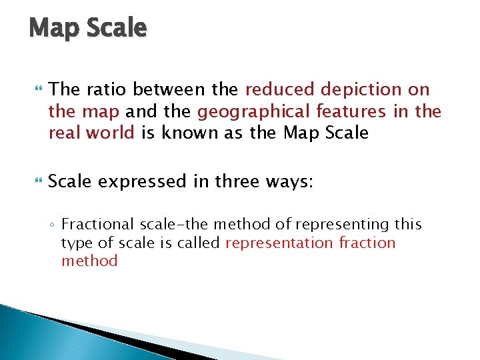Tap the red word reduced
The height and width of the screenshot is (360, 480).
pos(280,89)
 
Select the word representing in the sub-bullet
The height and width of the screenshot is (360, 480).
pos(341,225)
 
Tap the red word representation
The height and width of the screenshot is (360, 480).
pos(279,243)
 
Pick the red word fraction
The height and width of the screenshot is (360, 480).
pos(367,243)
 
